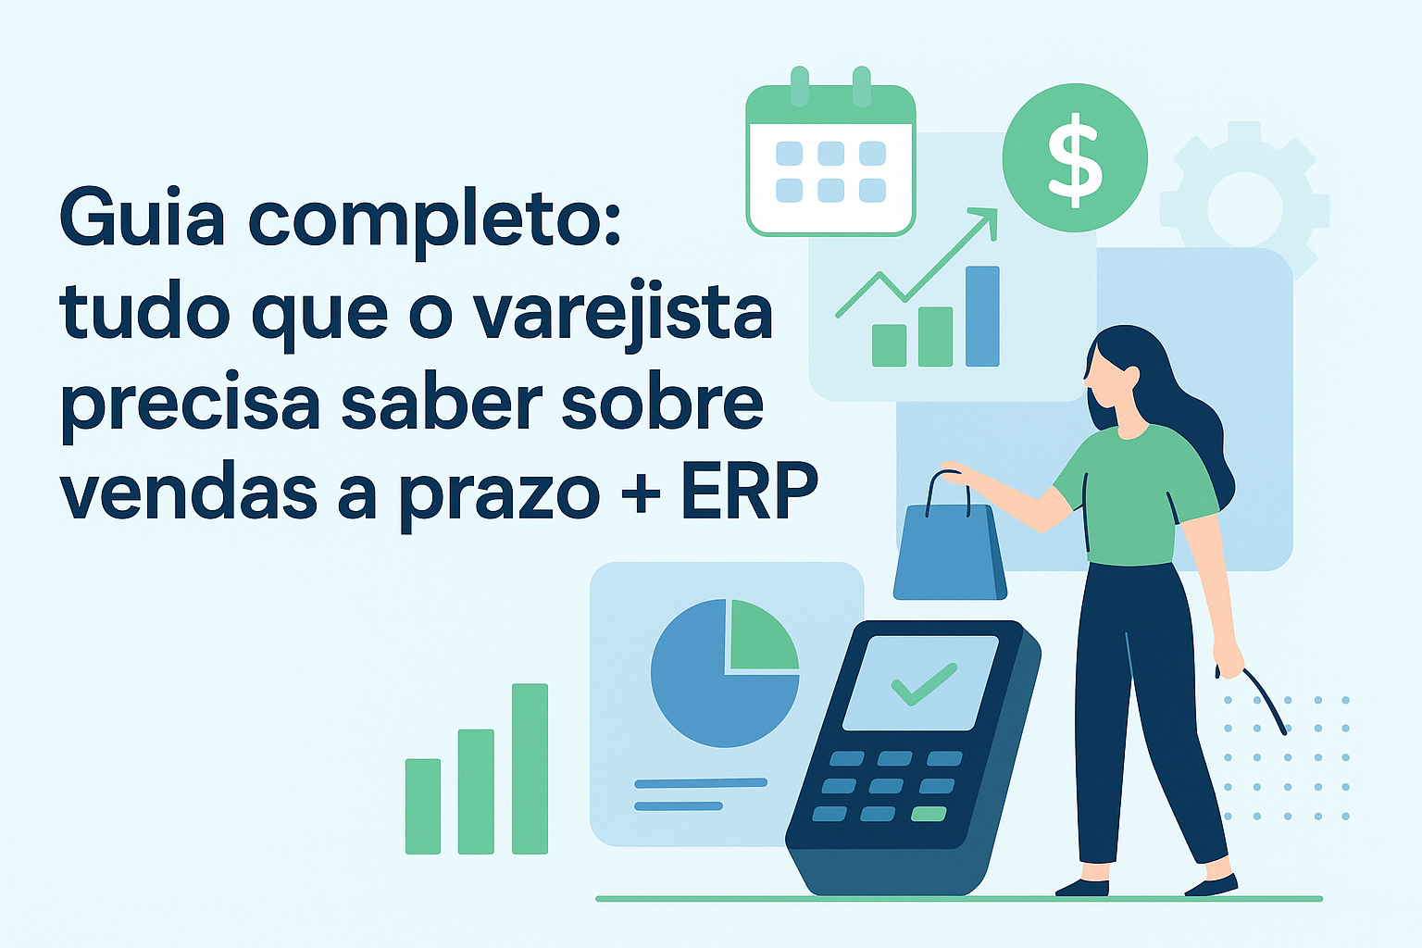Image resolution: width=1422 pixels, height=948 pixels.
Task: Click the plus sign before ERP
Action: click(x=641, y=493)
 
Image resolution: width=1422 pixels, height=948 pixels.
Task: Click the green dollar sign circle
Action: click(x=1075, y=157)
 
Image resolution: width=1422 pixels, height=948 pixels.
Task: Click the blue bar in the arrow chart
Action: click(x=982, y=316)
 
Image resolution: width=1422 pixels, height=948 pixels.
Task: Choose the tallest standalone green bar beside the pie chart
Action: click(x=530, y=767)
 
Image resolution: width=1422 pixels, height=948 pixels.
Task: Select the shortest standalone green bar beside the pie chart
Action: click(x=423, y=805)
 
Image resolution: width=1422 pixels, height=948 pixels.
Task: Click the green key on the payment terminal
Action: click(x=929, y=815)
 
